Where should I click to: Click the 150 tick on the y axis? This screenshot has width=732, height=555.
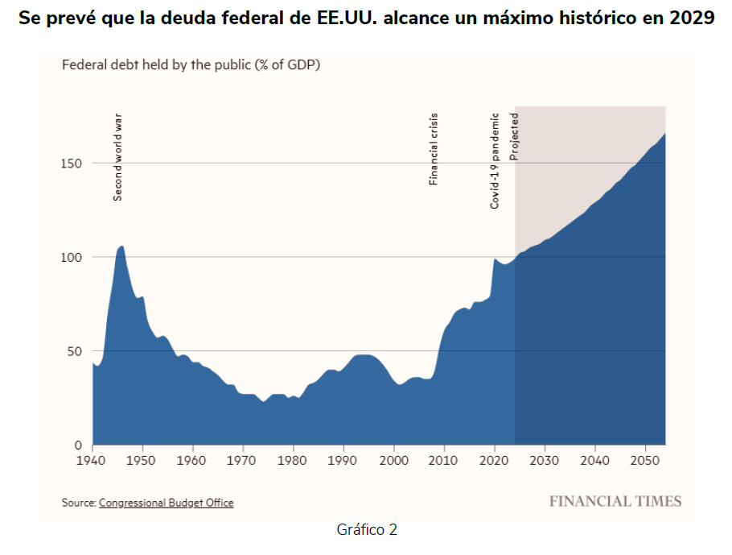[x=72, y=164]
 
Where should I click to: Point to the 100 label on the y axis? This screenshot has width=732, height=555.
[x=72, y=257]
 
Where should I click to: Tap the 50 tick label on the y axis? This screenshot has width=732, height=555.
[x=75, y=351]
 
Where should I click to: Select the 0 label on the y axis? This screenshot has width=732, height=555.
[x=78, y=445]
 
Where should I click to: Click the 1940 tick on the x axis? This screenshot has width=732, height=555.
[x=93, y=460]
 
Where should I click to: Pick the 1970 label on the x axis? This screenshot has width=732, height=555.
[x=243, y=460]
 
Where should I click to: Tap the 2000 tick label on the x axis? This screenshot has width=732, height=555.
[x=394, y=460]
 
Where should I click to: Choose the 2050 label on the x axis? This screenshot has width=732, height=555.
[x=645, y=460]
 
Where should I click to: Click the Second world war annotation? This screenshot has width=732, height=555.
[x=118, y=156]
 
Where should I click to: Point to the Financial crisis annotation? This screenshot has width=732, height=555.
[x=434, y=149]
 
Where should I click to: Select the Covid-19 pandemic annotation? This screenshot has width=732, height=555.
[x=496, y=160]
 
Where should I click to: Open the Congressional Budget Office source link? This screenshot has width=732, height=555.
[x=166, y=503]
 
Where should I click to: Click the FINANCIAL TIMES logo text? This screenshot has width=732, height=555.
[x=615, y=502]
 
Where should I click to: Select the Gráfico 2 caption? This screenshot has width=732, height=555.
[x=367, y=530]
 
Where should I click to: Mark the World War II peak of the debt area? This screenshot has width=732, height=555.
[x=121, y=246]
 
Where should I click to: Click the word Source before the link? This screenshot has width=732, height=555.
[x=78, y=503]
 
